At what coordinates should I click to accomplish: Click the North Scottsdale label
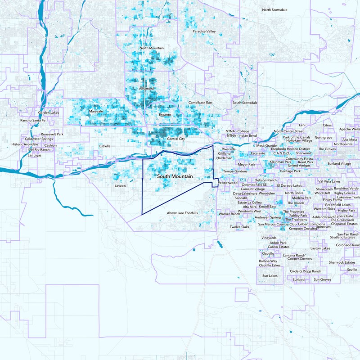[x=279, y=10]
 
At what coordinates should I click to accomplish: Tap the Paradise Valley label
[x=204, y=31]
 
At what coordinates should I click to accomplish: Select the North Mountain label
[x=152, y=48]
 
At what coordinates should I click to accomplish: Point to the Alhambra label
[x=147, y=89]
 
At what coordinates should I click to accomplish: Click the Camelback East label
[x=200, y=103]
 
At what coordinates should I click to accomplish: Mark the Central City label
[x=176, y=139]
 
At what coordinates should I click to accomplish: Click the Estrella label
[x=105, y=146]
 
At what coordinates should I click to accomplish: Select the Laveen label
[x=120, y=185]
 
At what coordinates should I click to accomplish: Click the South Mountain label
[x=175, y=176]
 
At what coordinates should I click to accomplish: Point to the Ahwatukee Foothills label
[x=182, y=213]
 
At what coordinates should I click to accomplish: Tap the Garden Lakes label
[x=49, y=112]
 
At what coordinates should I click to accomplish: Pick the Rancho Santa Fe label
[x=33, y=121]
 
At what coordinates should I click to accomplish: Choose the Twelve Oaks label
[x=239, y=227]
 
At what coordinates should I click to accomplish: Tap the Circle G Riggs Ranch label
[x=306, y=271]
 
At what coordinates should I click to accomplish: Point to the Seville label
[x=353, y=270]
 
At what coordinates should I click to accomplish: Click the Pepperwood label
[x=228, y=183]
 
